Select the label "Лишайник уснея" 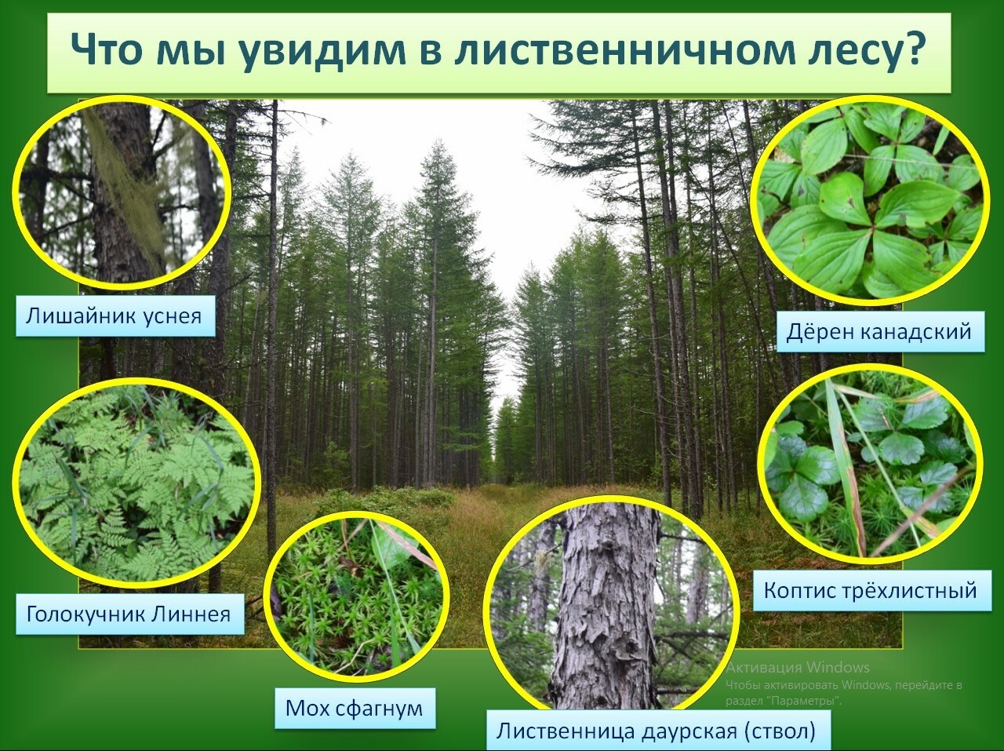click(115, 315)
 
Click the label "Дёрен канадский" click(881, 332)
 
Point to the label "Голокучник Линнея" click(130, 614)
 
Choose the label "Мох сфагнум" click(355, 709)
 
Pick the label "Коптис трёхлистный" click(872, 590)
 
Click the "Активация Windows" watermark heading click(798, 667)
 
